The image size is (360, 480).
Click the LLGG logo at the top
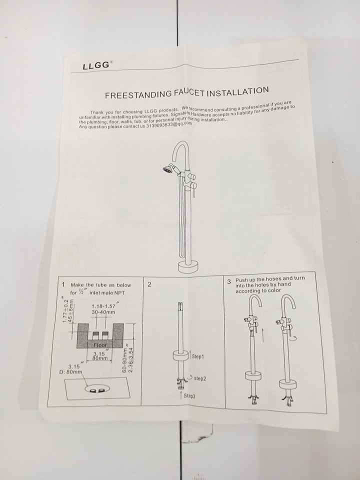[x=96, y=65]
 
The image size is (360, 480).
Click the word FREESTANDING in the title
[x=138, y=94]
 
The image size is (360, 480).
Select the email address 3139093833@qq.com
[x=169, y=124]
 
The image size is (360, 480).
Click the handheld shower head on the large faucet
[x=168, y=168]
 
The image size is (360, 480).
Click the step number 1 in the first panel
[x=63, y=284]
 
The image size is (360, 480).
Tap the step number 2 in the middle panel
[x=149, y=284]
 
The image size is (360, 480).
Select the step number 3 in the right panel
[x=229, y=282]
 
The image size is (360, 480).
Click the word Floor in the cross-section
[x=100, y=345]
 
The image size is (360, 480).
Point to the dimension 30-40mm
[x=103, y=312]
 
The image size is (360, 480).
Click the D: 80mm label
[x=70, y=372]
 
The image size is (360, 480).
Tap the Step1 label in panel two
[x=198, y=356]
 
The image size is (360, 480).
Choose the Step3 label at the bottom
[x=189, y=396]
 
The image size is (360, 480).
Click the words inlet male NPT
[x=107, y=292]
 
